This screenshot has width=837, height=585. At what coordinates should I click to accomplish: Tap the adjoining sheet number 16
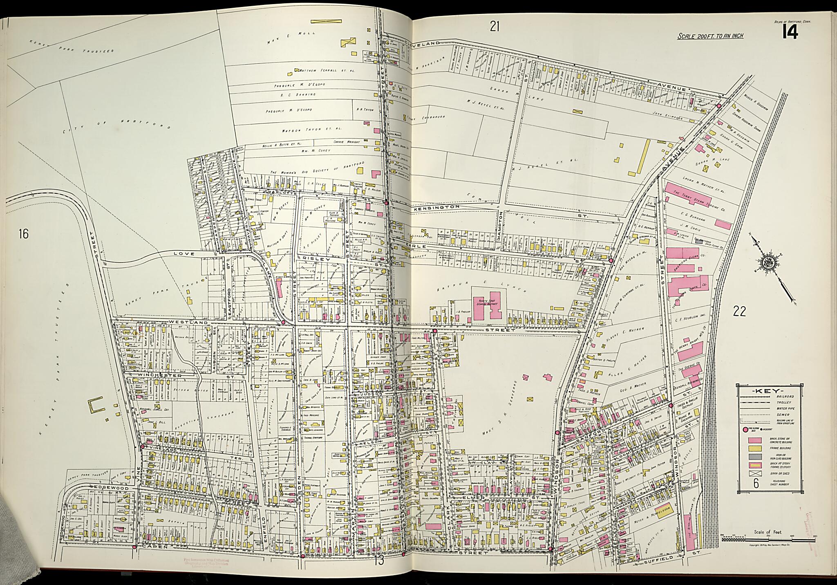coord(24,234)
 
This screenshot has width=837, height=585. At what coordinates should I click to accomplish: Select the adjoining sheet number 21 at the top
coord(495,27)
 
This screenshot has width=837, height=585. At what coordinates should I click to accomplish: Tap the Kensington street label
coord(437,208)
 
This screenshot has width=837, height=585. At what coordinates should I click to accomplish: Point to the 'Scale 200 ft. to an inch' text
coord(710,36)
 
